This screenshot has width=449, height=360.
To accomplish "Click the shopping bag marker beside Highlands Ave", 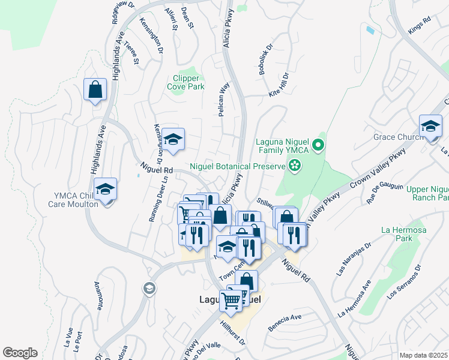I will click(95, 91).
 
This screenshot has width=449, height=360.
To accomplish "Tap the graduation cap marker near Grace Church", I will click(430, 127).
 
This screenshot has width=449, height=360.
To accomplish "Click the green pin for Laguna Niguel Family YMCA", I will click(319, 145).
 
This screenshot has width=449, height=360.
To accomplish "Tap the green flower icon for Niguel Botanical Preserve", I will click(295, 165).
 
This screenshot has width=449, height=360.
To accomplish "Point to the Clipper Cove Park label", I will click(188, 82).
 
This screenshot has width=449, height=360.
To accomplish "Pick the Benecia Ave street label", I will click(285, 319).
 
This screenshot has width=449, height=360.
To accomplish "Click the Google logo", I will click(20, 353).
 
